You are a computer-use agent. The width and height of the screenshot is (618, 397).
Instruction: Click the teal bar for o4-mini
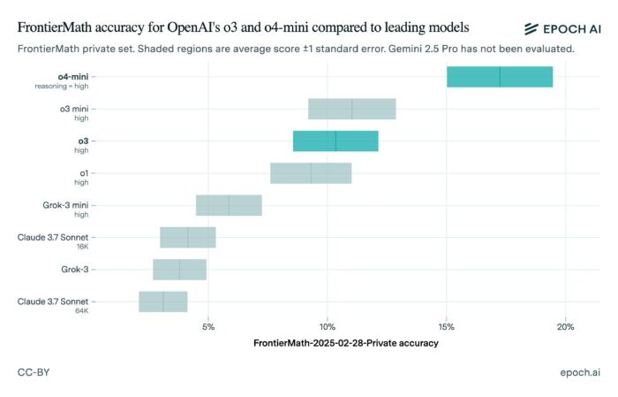pos(500,77)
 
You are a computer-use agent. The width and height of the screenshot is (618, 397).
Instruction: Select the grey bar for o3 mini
pos(351,109)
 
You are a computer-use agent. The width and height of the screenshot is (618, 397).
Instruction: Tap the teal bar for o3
pos(335,141)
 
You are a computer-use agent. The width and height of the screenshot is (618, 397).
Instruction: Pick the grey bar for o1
pos(311,173)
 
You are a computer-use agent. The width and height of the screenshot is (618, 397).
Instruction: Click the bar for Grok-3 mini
pos(229,205)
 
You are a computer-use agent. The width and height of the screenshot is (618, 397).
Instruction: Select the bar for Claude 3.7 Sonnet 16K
pos(187,237)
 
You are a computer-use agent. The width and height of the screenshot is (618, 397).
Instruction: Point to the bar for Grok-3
pos(179,270)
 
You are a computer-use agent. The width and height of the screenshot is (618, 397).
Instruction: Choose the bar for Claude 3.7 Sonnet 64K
pos(163,302)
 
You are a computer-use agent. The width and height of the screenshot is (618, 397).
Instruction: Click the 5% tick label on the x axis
pos(208,327)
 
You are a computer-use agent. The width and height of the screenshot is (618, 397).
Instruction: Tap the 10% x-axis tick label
pos(328,327)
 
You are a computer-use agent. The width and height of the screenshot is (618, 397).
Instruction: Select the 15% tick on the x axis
pos(447,327)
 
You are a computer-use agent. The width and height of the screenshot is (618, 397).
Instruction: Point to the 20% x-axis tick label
pos(566,327)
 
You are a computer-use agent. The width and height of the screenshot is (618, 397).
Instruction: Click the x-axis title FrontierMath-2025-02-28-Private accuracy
pos(345,342)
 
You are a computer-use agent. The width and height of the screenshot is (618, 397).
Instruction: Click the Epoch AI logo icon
pos(532,29)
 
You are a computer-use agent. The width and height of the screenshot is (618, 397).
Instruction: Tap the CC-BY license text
pos(34,373)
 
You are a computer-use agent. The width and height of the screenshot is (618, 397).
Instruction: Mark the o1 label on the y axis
pos(83,172)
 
